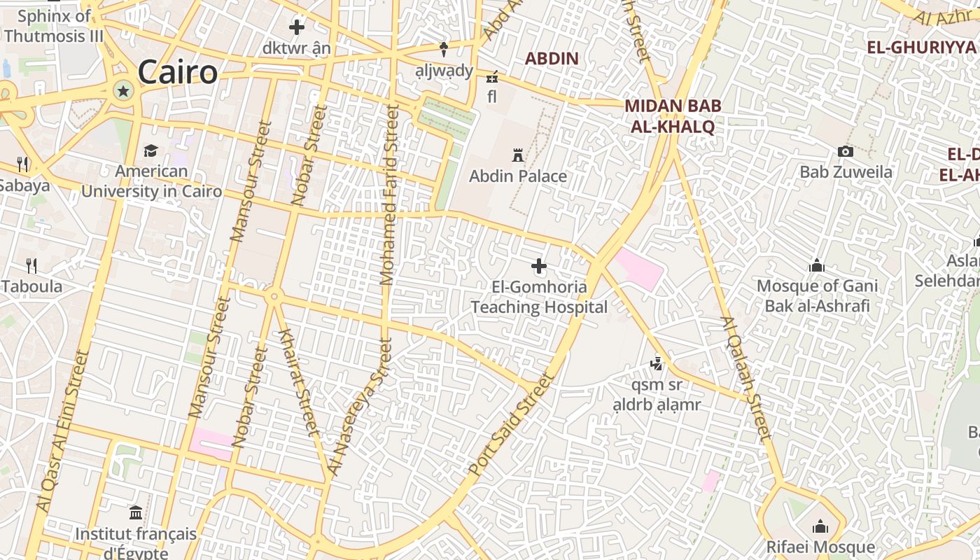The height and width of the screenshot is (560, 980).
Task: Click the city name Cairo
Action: tap(177, 72)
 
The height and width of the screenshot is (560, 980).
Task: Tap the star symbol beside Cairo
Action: tap(124, 90)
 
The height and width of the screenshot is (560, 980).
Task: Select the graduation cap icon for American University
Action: tap(150, 151)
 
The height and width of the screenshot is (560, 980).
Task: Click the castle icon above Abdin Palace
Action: tap(518, 155)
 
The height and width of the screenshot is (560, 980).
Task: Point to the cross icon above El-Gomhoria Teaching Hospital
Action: tap(539, 266)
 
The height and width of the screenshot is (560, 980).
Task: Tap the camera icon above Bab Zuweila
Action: tap(846, 151)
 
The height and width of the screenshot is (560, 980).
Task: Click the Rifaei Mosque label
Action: tap(820, 547)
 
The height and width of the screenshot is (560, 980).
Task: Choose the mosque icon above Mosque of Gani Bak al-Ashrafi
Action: tap(816, 266)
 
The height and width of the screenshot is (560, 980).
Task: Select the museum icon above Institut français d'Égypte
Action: tap(136, 512)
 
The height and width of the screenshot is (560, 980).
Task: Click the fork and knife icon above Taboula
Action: tap(31, 265)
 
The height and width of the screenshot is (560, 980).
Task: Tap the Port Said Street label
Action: tap(510, 426)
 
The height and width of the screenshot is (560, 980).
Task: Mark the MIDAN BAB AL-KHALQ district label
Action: tap(672, 116)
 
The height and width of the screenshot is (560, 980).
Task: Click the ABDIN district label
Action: tap(552, 59)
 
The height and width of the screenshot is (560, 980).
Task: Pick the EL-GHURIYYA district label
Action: tap(920, 48)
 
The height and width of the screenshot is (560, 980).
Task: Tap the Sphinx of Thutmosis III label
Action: tap(53, 26)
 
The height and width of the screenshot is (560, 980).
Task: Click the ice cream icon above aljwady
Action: tap(443, 49)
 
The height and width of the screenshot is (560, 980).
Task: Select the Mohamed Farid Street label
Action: tap(389, 196)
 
